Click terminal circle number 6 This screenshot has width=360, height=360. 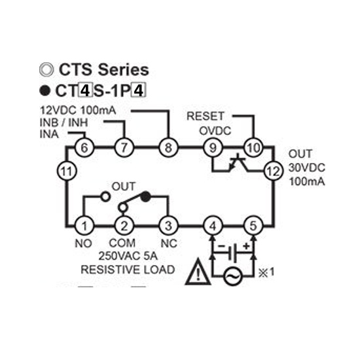(84, 148)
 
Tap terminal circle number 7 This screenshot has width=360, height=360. (124, 148)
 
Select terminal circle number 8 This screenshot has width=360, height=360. (168, 148)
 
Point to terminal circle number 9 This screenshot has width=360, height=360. (213, 148)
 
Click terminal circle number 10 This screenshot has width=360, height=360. (253, 148)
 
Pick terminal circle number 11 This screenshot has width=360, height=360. (67, 171)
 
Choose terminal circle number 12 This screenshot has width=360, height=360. (273, 171)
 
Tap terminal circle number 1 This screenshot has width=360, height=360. (84, 226)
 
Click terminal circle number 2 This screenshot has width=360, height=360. (124, 226)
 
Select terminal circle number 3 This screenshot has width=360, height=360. (168, 226)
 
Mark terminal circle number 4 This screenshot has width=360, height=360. (213, 226)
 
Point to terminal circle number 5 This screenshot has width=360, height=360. (253, 226)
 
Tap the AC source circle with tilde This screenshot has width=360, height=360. (233, 276)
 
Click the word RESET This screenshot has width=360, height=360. (206, 116)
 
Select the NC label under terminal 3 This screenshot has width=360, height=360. (169, 243)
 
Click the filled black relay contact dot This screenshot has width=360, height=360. (145, 197)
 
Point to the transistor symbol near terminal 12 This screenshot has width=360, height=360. (238, 163)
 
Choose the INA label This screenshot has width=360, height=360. (49, 135)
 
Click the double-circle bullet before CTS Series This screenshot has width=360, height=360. (46, 69)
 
